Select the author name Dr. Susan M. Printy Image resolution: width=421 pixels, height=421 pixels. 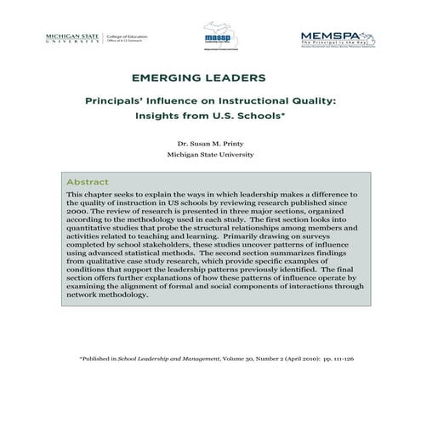211,144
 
